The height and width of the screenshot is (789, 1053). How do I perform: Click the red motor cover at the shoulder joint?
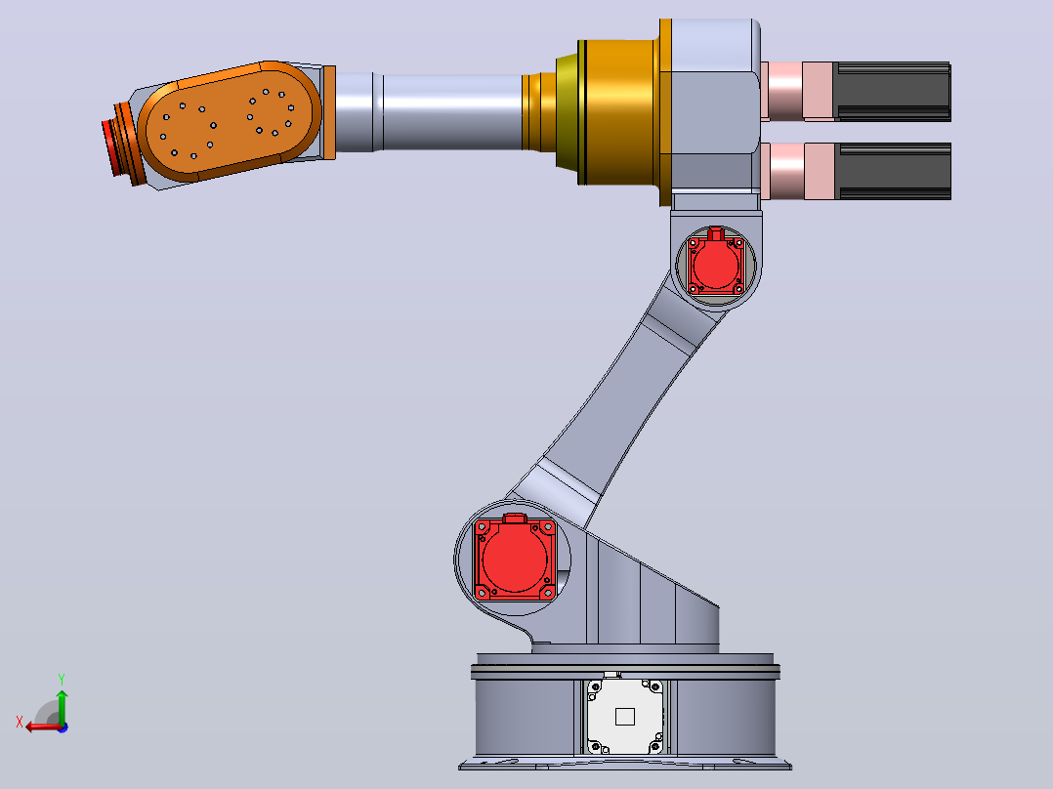[515, 558]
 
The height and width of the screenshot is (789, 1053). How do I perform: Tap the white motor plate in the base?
[625, 717]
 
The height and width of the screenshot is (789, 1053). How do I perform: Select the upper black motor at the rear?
[892, 92]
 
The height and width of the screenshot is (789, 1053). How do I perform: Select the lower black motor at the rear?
[892, 171]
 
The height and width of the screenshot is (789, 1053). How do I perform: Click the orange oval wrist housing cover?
[230, 121]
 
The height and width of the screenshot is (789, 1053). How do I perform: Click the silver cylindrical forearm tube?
[429, 111]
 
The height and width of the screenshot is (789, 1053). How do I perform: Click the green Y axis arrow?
[62, 706]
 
